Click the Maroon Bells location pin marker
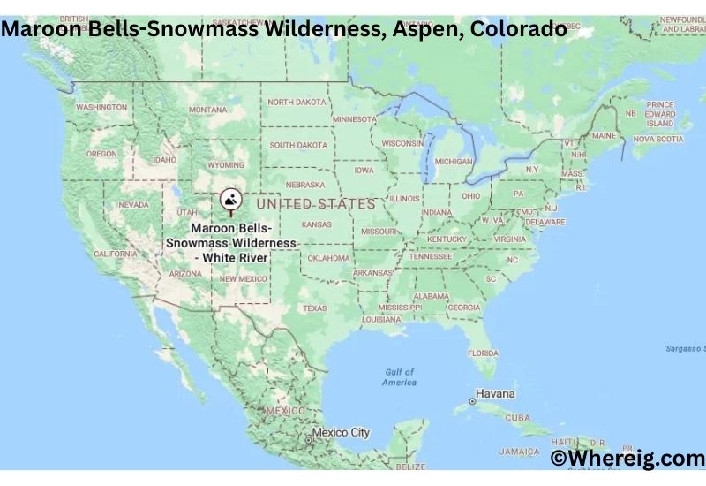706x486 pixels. click(230, 200)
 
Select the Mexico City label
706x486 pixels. click(341, 433)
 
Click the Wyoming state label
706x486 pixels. click(226, 165)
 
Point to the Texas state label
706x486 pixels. click(314, 308)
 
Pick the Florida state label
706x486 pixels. click(483, 353)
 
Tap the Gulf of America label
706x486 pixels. click(399, 377)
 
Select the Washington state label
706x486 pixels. click(101, 107)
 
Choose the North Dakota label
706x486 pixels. click(297, 103)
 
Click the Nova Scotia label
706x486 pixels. click(658, 139)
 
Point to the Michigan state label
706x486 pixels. click(454, 162)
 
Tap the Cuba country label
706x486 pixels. click(517, 417)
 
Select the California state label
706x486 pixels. click(116, 254)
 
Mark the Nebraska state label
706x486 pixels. click(305, 185)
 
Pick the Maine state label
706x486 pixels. click(605, 136)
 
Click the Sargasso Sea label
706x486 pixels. click(685, 348)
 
